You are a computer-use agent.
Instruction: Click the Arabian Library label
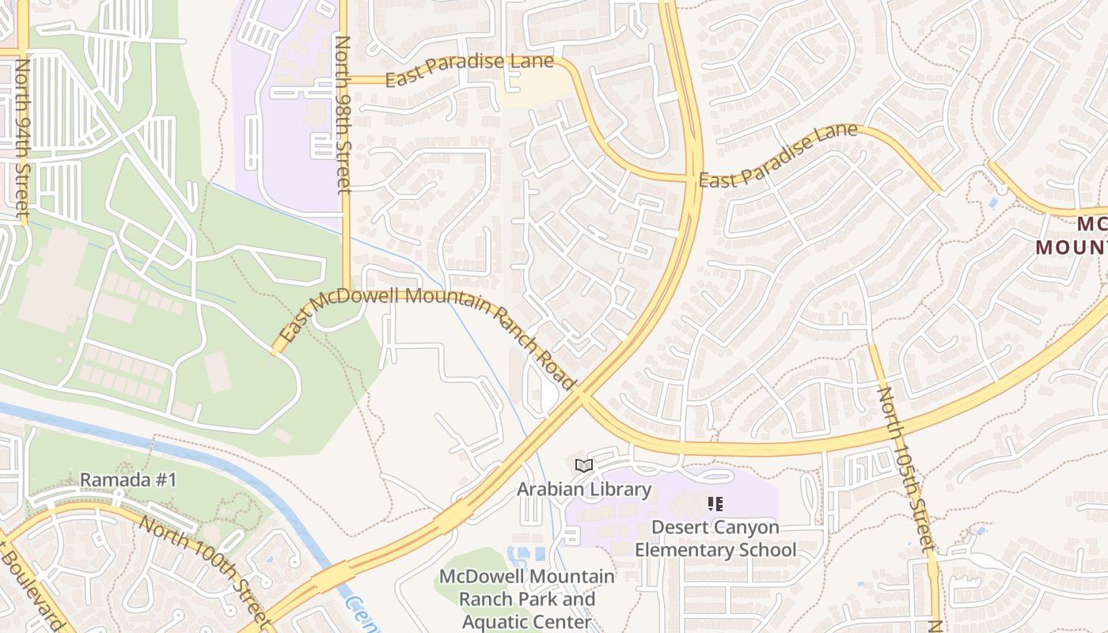point(584,489)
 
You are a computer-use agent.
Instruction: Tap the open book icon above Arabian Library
point(584,466)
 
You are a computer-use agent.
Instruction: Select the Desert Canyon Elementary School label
point(715,538)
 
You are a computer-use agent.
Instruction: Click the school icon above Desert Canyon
point(715,503)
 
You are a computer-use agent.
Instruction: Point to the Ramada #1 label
point(128,480)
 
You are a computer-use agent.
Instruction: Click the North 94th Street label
point(21,138)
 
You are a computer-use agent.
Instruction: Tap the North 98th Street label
point(343,115)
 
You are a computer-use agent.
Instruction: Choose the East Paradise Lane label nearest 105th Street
point(778,157)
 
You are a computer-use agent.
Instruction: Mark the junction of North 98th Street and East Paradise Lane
point(345,79)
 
